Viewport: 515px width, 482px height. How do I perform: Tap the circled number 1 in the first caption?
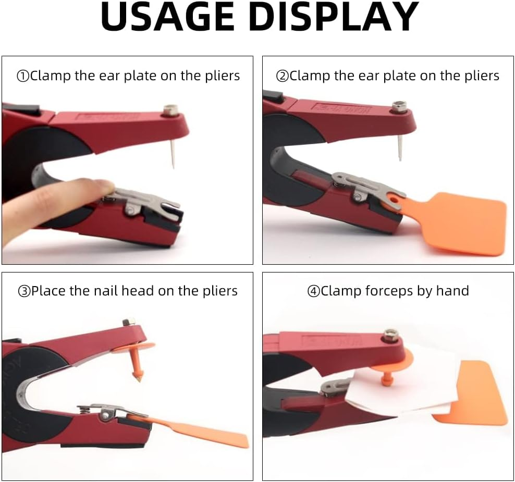pos(23,77)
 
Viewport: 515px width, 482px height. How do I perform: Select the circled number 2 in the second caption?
pos(283,77)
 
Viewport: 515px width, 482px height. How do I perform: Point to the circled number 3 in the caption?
pos(24,291)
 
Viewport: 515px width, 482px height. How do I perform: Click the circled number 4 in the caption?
pos(313,291)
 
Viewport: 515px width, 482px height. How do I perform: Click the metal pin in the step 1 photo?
pos(173,153)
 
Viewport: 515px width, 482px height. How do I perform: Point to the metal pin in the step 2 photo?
pos(400,147)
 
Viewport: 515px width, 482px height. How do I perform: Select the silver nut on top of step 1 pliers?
pos(171,110)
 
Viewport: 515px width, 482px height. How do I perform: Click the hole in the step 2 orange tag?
pos(395,199)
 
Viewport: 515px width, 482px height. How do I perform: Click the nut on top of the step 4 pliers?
pos(390,335)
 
